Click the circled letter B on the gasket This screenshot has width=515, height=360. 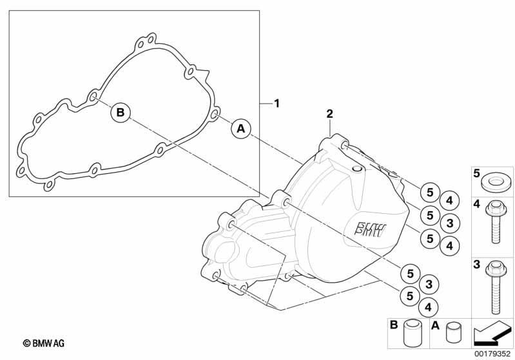point(121,113)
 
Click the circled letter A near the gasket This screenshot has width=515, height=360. point(241,128)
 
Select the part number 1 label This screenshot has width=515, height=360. point(277,104)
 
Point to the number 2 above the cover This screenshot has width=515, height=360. point(329,113)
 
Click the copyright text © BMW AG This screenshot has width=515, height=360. point(44,343)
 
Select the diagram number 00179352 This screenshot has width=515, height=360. point(492,354)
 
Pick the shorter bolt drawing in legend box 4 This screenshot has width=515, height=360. point(495,222)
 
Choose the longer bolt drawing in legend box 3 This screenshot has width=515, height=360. point(495,286)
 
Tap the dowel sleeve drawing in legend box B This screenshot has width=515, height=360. point(413,334)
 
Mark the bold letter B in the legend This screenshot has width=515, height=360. point(393,325)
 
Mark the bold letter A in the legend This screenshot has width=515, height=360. point(435,325)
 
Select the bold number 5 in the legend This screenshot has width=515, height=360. point(476,173)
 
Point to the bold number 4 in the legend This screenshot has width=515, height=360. point(476,204)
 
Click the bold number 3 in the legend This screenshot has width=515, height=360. point(476,264)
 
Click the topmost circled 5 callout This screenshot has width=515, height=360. point(430,193)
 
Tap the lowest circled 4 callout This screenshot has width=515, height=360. point(428,307)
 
